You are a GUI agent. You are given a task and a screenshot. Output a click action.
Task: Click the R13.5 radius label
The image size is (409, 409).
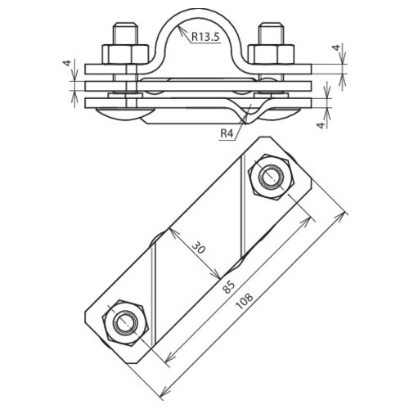coord(205,36)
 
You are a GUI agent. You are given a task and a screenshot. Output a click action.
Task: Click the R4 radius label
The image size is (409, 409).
coord(227,133)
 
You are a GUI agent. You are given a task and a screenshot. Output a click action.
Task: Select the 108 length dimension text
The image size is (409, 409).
coord(245,301)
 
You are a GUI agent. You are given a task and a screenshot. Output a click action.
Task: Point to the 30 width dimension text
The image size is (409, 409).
coord(198,248)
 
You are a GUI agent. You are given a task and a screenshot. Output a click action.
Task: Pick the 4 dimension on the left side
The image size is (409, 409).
coord(66,63)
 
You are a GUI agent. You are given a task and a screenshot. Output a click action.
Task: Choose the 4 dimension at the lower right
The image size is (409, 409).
coord(321,125)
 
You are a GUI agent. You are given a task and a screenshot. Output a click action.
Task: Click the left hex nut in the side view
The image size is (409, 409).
coord(125,54)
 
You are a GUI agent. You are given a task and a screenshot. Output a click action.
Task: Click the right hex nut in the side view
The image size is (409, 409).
coord(271,54)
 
